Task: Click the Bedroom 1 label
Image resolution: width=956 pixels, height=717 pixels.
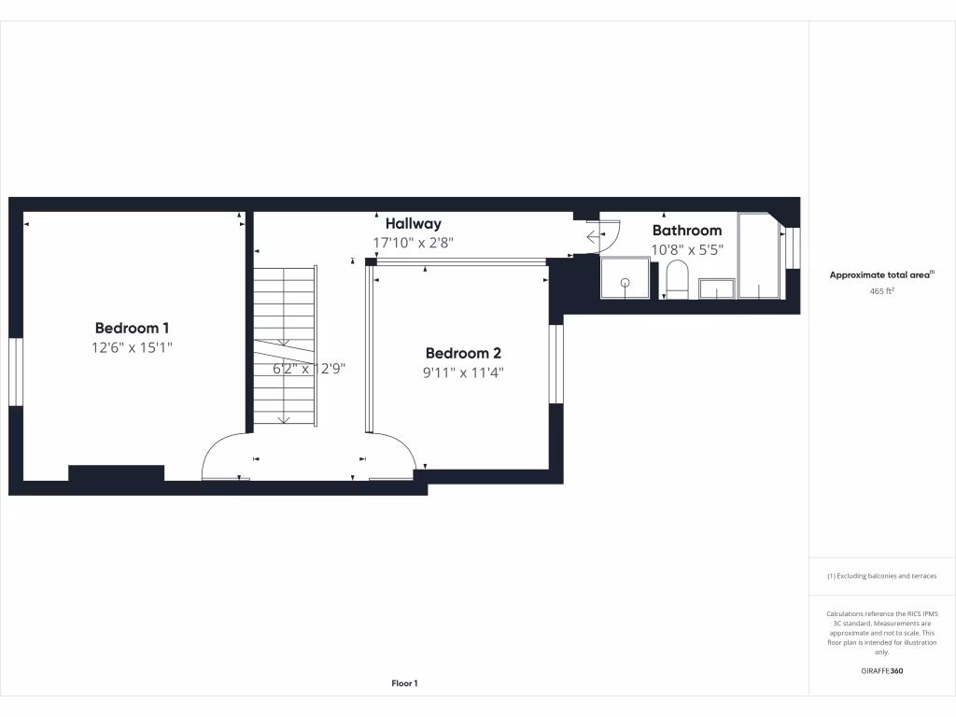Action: tap(132, 328)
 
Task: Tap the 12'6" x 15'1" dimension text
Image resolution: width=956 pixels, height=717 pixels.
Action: tap(132, 347)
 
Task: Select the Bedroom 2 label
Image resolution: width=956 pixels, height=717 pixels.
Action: tap(463, 353)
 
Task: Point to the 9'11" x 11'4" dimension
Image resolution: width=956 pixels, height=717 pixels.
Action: tap(463, 372)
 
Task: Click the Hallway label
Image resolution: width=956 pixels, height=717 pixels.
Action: tap(413, 224)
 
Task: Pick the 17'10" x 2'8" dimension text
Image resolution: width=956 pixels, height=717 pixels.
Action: tap(413, 243)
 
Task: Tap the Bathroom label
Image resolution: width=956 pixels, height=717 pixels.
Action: tap(686, 230)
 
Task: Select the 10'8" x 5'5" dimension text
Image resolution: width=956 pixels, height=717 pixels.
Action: tap(686, 249)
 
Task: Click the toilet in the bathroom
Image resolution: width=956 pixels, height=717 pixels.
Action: tap(677, 280)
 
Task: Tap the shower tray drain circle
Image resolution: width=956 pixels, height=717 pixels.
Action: tap(625, 282)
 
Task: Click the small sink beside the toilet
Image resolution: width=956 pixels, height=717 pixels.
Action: tap(717, 289)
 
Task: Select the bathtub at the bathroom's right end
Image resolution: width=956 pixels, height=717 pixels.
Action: tap(759, 257)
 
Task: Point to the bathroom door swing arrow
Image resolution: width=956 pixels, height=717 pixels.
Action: tap(594, 237)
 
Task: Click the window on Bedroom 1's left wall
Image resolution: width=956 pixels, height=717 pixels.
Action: tap(15, 372)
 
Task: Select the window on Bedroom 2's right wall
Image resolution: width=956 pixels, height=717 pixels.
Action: tap(556, 364)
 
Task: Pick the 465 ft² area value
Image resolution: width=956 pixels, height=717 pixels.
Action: tap(881, 291)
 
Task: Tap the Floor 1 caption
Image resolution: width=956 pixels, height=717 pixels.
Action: tap(404, 683)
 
